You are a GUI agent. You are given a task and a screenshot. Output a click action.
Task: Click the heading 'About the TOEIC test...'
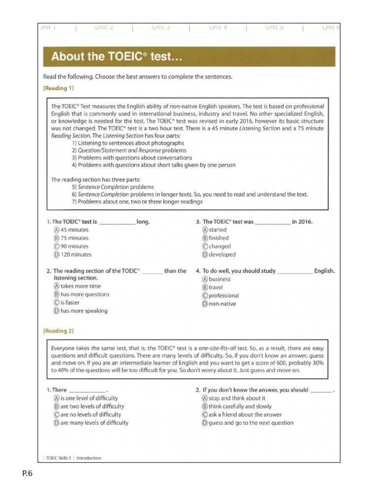click(x=117, y=57)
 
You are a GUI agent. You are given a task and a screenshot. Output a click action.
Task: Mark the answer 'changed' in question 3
click(x=216, y=246)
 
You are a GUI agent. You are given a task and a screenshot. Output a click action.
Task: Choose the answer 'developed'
click(x=219, y=254)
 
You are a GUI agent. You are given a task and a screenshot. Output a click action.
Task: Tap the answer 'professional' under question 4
click(x=220, y=295)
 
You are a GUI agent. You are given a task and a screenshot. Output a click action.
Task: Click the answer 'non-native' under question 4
click(x=219, y=304)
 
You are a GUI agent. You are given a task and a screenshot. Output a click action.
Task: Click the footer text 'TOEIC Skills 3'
click(x=59, y=458)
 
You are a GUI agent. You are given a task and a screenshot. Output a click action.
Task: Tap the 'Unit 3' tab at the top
click(x=161, y=28)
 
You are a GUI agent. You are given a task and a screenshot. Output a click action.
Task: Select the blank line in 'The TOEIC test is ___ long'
click(x=117, y=222)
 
